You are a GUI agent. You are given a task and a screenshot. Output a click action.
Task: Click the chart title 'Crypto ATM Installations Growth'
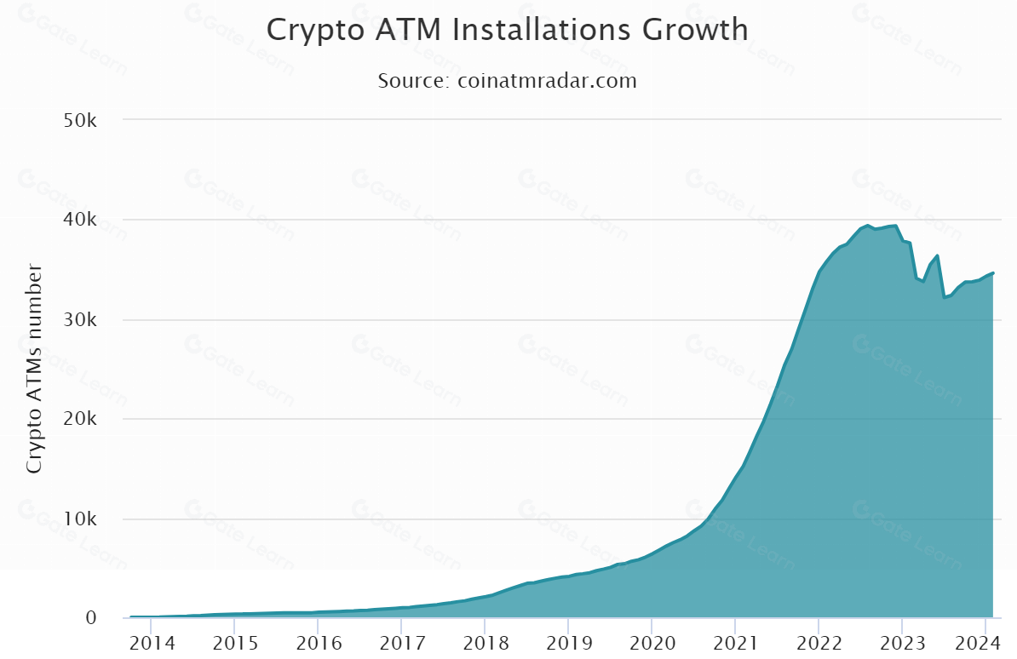tap(508, 30)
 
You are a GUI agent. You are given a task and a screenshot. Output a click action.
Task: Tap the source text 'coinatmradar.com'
tap(548, 81)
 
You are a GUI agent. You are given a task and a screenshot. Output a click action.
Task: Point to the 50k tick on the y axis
tap(83, 120)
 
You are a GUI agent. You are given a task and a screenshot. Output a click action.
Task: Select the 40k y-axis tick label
tap(83, 221)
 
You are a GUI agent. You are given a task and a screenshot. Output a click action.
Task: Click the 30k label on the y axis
tap(83, 320)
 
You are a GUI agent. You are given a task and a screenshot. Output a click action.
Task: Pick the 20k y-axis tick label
tap(83, 420)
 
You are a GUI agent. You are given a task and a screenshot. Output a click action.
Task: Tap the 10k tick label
tap(83, 519)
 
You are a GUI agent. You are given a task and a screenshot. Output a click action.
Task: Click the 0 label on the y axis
tap(91, 618)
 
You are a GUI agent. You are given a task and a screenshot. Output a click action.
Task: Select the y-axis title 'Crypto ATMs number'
tap(34, 370)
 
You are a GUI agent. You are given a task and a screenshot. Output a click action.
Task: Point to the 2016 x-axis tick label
tap(317, 642)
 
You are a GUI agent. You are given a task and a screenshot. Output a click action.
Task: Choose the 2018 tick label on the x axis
tap(484, 642)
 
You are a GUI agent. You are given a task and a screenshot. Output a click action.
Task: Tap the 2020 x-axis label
tap(651, 642)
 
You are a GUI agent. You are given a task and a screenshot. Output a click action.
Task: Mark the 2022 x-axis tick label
tap(818, 642)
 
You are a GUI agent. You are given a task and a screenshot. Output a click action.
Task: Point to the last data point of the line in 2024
tap(992, 273)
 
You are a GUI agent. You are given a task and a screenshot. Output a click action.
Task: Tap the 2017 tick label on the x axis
tap(400, 642)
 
